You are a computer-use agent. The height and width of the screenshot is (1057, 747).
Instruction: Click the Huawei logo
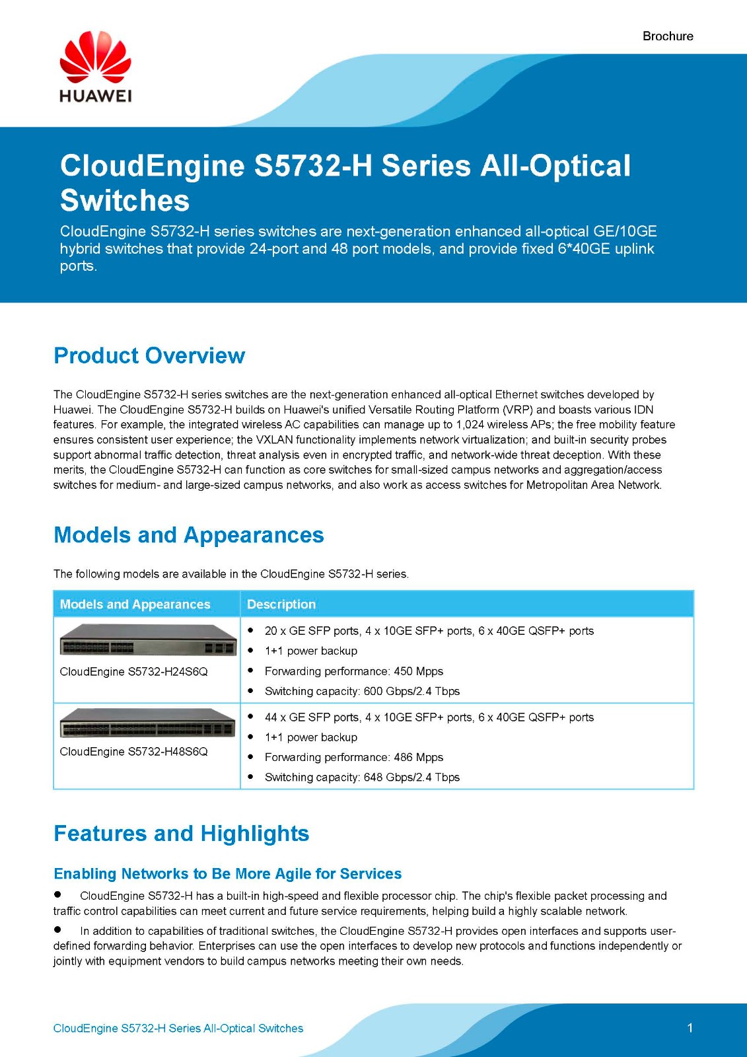(96, 67)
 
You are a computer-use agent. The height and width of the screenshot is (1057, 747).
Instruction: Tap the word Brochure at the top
(668, 36)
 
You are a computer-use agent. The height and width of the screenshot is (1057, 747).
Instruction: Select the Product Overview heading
(149, 355)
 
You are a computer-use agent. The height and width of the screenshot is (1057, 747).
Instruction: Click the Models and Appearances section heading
(189, 534)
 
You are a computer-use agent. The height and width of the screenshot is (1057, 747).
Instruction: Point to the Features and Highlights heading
(182, 833)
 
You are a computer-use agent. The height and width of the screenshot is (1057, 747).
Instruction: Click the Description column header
(281, 604)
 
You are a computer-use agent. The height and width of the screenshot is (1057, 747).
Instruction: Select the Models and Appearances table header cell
(135, 604)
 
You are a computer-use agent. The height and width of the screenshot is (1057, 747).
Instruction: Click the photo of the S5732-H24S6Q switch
(147, 639)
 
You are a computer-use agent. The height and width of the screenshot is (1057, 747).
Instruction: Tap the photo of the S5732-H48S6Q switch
(147, 722)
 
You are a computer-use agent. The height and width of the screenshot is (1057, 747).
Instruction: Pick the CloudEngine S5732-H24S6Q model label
(134, 671)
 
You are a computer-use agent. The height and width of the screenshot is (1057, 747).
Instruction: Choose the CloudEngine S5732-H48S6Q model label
(134, 751)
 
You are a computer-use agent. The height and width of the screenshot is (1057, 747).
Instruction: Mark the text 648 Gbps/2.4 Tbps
(411, 777)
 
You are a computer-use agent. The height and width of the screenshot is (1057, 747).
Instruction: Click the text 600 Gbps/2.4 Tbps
(411, 691)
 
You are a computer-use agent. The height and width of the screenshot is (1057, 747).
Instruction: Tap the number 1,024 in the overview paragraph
(470, 425)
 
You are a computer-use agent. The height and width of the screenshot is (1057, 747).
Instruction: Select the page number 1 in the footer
(690, 1028)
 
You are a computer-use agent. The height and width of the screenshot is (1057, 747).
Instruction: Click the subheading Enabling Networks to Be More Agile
(228, 873)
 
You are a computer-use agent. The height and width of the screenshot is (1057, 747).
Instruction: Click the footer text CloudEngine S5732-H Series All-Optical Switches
(178, 1028)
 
